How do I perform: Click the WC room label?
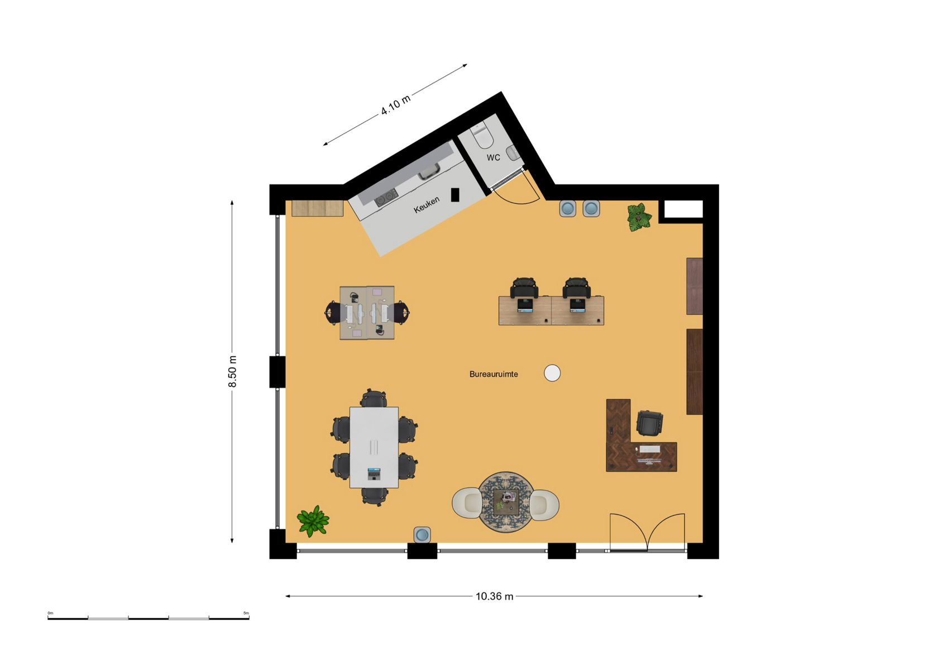pyautogui.click(x=493, y=157)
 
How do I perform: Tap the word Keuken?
pyautogui.click(x=426, y=204)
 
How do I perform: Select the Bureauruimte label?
pyautogui.click(x=494, y=374)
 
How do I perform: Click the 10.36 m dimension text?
pyautogui.click(x=494, y=596)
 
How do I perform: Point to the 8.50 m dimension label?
pyautogui.click(x=232, y=371)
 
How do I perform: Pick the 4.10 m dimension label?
pyautogui.click(x=396, y=105)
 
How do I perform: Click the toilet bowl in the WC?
pyautogui.click(x=482, y=135)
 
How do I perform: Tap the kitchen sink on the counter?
pyautogui.click(x=429, y=172)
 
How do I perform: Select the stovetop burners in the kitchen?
pyautogui.click(x=386, y=198)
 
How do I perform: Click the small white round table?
pyautogui.click(x=552, y=374)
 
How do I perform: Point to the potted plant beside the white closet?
pyautogui.click(x=639, y=217)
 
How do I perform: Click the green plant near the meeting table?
pyautogui.click(x=313, y=521)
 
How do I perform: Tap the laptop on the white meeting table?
pyautogui.click(x=374, y=474)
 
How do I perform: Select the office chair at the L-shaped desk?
pyautogui.click(x=649, y=422)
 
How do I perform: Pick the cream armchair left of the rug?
pyautogui.click(x=467, y=502)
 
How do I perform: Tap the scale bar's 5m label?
pyautogui.click(x=246, y=613)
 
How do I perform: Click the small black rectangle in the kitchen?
pyautogui.click(x=455, y=195)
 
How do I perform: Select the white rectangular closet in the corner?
pyautogui.click(x=683, y=209)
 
